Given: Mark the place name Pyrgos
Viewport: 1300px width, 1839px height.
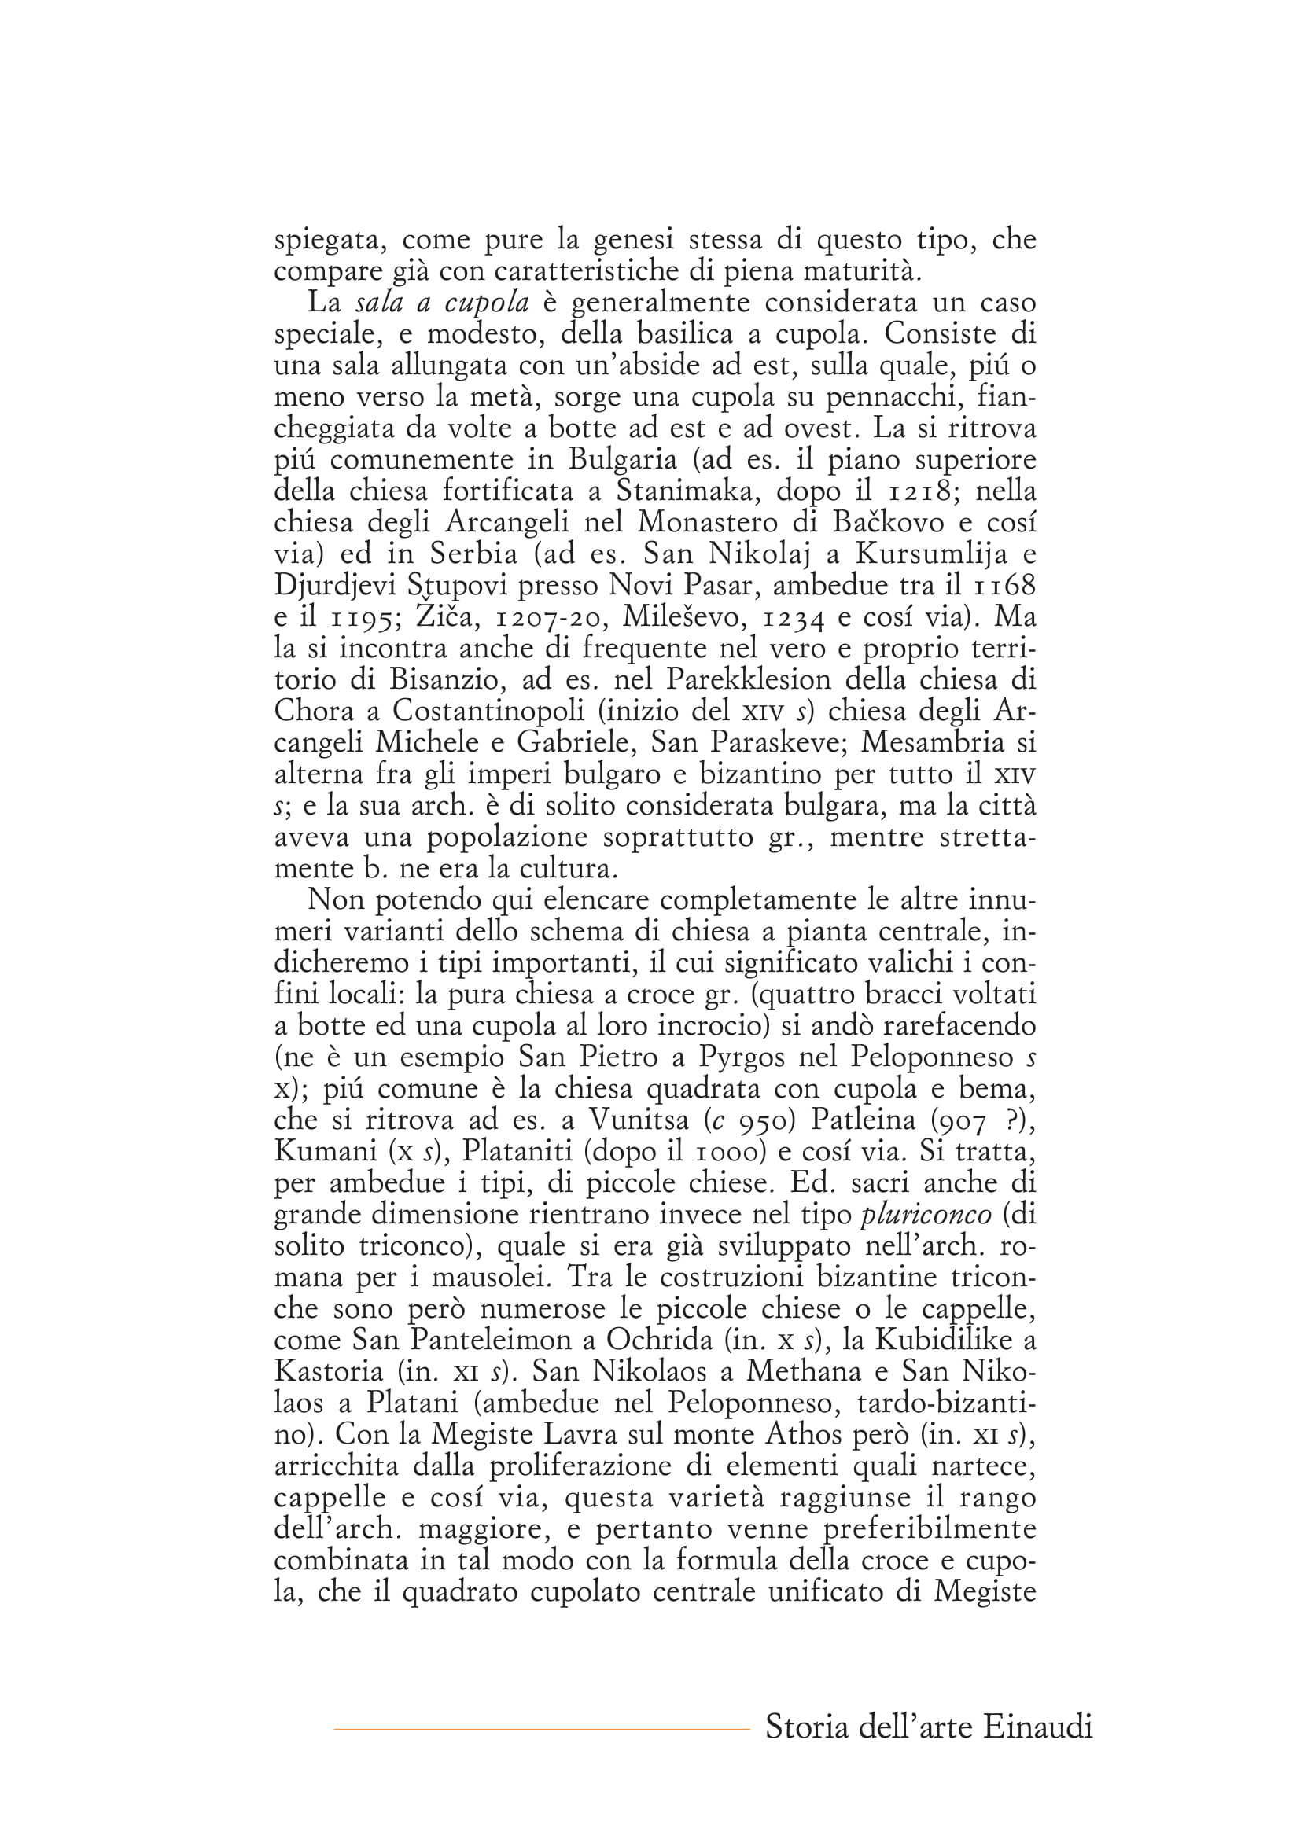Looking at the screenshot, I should point(750,1057).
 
